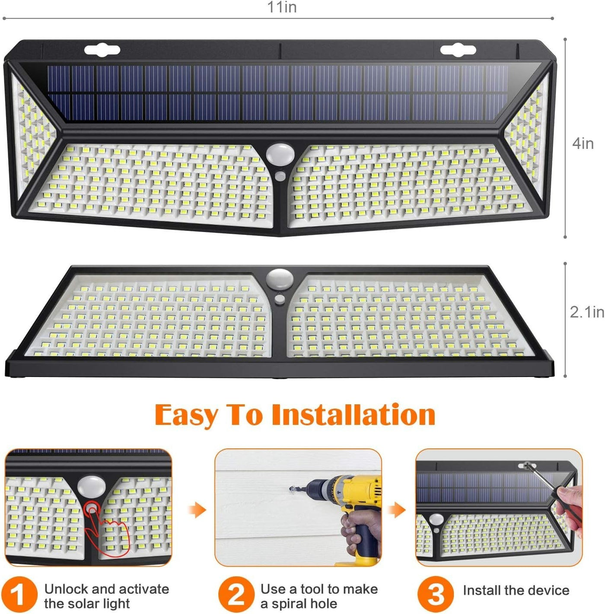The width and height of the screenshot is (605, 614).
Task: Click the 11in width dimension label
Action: click(x=282, y=7)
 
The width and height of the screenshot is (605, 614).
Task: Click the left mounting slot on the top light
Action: click(x=102, y=51)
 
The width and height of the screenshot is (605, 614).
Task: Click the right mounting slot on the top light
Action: click(x=458, y=51)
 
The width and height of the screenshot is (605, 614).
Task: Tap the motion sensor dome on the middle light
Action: click(x=280, y=279)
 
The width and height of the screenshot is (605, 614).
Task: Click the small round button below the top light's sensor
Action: click(x=280, y=176)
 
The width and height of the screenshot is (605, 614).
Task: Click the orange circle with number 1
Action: click(x=19, y=594)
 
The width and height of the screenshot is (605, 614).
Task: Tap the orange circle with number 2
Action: click(x=236, y=594)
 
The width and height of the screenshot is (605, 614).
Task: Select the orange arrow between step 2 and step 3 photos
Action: click(x=396, y=510)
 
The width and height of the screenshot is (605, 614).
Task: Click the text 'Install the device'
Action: click(x=516, y=590)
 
